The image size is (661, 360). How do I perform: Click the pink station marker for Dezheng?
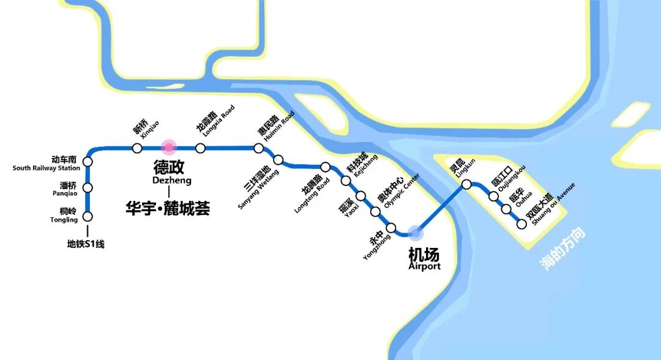168,148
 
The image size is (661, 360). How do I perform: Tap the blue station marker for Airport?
416,233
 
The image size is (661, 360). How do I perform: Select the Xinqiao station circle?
137,148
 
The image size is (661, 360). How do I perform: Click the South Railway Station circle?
88,161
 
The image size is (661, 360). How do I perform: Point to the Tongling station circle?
88,217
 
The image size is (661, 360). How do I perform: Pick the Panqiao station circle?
88,188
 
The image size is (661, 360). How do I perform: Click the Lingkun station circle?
466,184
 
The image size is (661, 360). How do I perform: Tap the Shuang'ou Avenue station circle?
521,224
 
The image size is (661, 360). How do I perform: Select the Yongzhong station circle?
392,228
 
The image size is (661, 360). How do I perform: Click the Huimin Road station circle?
259,148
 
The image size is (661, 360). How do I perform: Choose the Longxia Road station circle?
200,148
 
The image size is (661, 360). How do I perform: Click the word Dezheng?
171,181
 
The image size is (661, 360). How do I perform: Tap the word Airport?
424,266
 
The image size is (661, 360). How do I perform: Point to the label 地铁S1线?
86,244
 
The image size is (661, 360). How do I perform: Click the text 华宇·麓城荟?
168,209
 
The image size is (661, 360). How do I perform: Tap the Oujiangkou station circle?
493,197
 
